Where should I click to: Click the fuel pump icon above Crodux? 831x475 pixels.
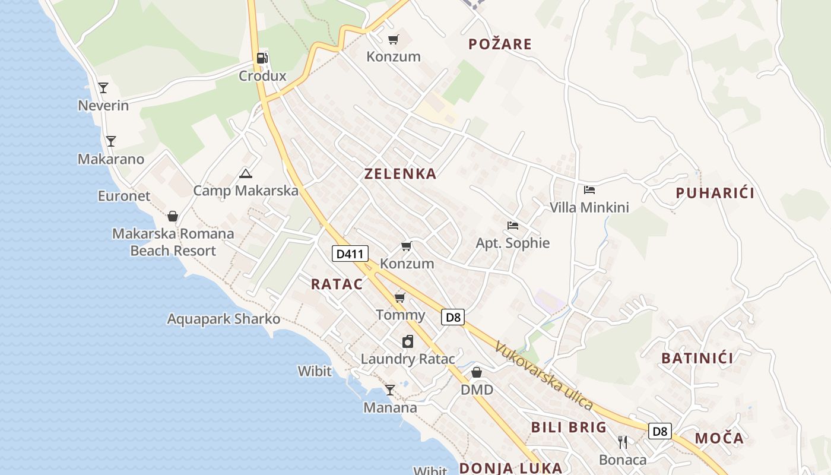tap(262, 58)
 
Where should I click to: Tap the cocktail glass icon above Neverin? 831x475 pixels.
tap(103, 88)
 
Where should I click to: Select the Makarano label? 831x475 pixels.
tap(111, 159)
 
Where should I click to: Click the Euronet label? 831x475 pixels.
tap(124, 196)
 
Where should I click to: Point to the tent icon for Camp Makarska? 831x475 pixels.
tap(245, 173)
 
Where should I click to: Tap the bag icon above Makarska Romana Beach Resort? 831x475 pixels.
tap(173, 216)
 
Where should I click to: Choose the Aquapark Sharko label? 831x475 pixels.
tap(223, 319)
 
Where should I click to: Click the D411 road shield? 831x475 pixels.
tap(350, 254)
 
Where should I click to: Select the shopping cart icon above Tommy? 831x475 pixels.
tap(400, 297)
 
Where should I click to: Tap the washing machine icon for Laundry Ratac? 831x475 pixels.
tap(407, 341)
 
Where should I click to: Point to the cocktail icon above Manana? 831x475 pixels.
tap(390, 390)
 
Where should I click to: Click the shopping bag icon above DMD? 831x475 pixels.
tap(477, 372)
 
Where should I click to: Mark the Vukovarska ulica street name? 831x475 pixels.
tap(543, 376)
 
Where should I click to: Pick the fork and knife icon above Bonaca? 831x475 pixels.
tap(622, 442)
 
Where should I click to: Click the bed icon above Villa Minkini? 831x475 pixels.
tap(589, 190)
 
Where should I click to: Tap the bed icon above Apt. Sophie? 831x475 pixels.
tap(513, 225)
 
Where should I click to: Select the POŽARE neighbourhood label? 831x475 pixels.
tap(500, 44)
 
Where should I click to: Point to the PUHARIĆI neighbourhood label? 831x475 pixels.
tap(715, 193)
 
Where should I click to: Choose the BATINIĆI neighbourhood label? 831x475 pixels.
tap(697, 358)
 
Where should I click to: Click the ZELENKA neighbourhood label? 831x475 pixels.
tap(400, 174)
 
